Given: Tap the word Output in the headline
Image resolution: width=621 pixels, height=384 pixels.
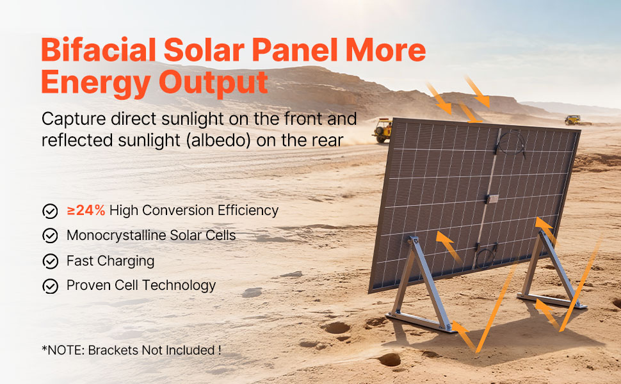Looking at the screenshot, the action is (x=213, y=83).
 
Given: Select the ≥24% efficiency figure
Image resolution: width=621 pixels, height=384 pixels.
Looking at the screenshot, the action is (x=86, y=210).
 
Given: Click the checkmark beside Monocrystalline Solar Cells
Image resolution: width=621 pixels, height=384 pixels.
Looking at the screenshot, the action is (x=51, y=236).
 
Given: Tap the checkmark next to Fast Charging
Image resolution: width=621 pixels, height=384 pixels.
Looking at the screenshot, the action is (x=51, y=261).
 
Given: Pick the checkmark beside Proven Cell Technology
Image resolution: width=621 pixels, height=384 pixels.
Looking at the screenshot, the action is (x=51, y=286).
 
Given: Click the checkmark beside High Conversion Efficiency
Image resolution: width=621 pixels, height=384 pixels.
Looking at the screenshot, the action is (x=51, y=211).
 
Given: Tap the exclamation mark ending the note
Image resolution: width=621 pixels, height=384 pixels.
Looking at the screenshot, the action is (x=219, y=350).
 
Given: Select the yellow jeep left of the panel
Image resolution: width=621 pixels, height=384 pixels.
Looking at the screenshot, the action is (x=382, y=130).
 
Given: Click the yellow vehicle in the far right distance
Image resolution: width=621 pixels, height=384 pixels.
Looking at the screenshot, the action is (x=573, y=120).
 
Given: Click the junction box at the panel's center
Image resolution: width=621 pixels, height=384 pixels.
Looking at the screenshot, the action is (x=492, y=198).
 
